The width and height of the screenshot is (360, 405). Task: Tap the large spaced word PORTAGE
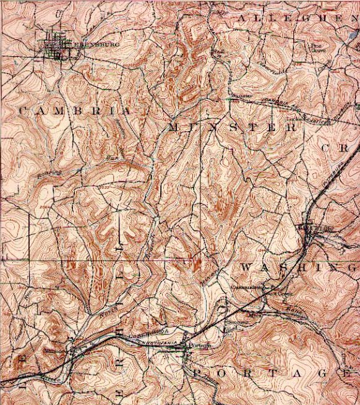pos(272,373)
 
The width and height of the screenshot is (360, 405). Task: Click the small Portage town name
pos(197,346)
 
